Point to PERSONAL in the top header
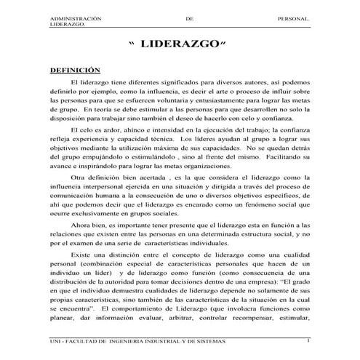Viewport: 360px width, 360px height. [295, 16]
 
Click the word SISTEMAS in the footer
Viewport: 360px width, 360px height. [208, 341]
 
